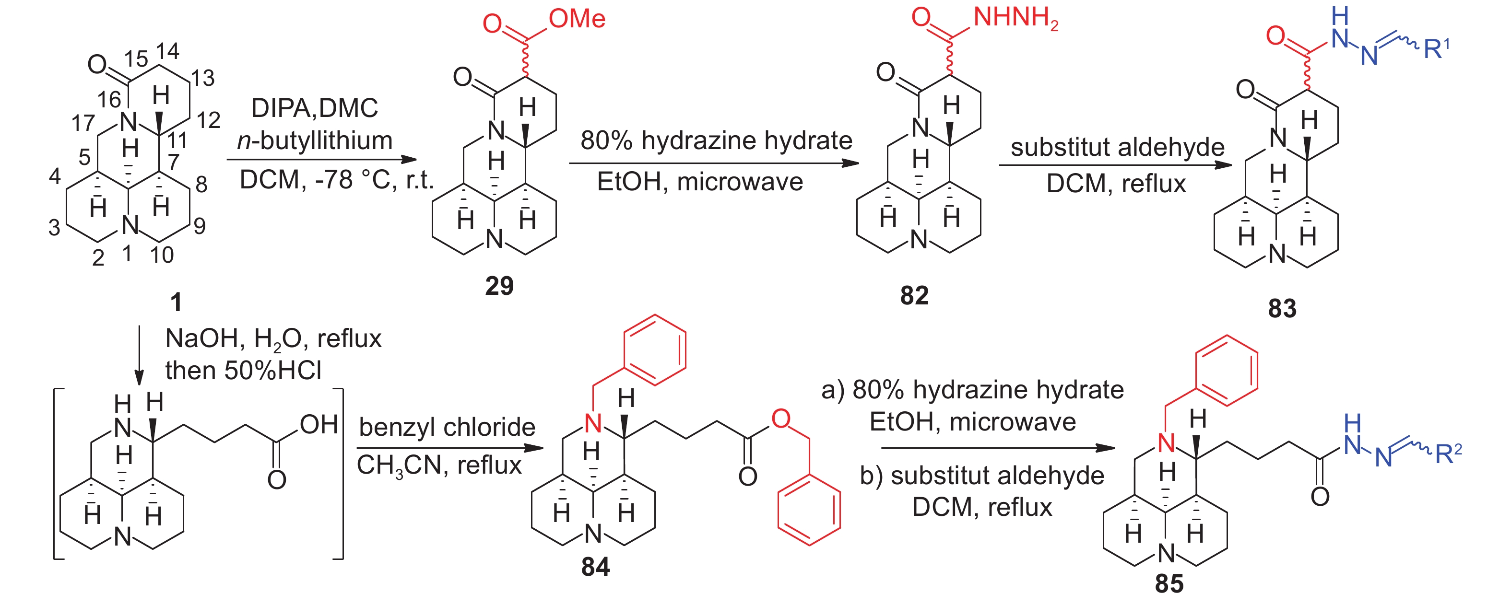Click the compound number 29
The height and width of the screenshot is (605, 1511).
(499, 286)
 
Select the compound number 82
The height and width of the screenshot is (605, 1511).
(914, 295)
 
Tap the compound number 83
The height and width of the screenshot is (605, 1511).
(1282, 308)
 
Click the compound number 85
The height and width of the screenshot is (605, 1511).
(1169, 584)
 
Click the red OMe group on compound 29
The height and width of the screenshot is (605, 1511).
(577, 19)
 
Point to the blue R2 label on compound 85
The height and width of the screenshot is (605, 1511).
(1448, 453)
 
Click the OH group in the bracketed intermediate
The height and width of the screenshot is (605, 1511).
(319, 424)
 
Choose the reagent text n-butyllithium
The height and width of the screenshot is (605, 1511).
(315, 140)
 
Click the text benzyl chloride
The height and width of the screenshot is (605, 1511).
(447, 427)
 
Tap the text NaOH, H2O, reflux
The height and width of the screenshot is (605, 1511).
(273, 339)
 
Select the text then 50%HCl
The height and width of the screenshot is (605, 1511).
(243, 371)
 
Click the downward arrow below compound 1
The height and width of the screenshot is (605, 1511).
(139, 355)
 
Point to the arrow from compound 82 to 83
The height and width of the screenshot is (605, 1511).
(1116, 165)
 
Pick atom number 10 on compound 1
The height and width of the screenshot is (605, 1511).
(162, 255)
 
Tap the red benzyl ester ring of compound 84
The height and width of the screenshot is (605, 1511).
(809, 510)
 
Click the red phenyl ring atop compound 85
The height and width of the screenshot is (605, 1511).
(1227, 371)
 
